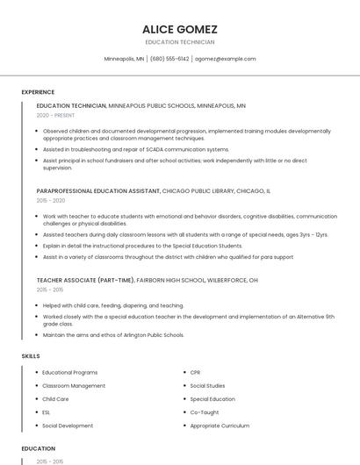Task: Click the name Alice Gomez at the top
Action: [180, 29]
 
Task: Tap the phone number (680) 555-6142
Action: [169, 59]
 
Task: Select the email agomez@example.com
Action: [226, 59]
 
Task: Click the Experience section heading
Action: [38, 92]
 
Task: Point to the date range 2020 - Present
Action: [55, 115]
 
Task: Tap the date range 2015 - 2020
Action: [51, 200]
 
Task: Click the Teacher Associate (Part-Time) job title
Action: [85, 280]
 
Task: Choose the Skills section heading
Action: [31, 356]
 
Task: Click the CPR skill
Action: [196, 373]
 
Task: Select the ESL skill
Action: [47, 412]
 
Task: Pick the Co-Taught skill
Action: [205, 412]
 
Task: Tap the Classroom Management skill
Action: [74, 386]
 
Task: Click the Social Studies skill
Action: [207, 386]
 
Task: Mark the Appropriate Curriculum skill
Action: [220, 426]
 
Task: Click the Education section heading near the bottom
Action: [39, 448]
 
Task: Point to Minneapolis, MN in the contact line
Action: [124, 59]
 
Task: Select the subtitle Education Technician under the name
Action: [180, 41]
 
